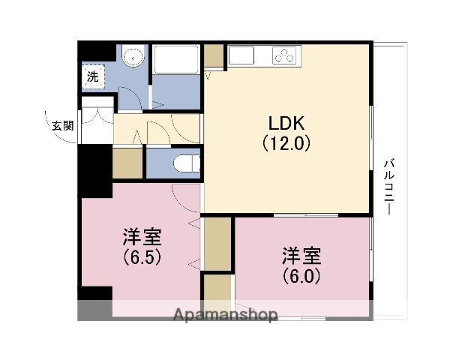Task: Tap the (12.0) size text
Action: pyautogui.click(x=286, y=142)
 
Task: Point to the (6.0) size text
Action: pyautogui.click(x=302, y=275)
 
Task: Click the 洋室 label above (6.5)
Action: pyautogui.click(x=142, y=238)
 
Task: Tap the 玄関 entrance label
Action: pyautogui.click(x=62, y=125)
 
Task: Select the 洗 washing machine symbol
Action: pyautogui.click(x=92, y=76)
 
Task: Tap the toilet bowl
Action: pyautogui.click(x=184, y=163)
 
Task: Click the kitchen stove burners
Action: pyautogui.click(x=286, y=55)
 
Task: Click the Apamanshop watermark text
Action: pyautogui.click(x=226, y=313)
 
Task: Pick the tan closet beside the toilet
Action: pyautogui.click(x=127, y=163)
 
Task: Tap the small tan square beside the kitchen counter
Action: pyautogui.click(x=213, y=56)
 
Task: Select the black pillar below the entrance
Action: pyautogui.click(x=95, y=168)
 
